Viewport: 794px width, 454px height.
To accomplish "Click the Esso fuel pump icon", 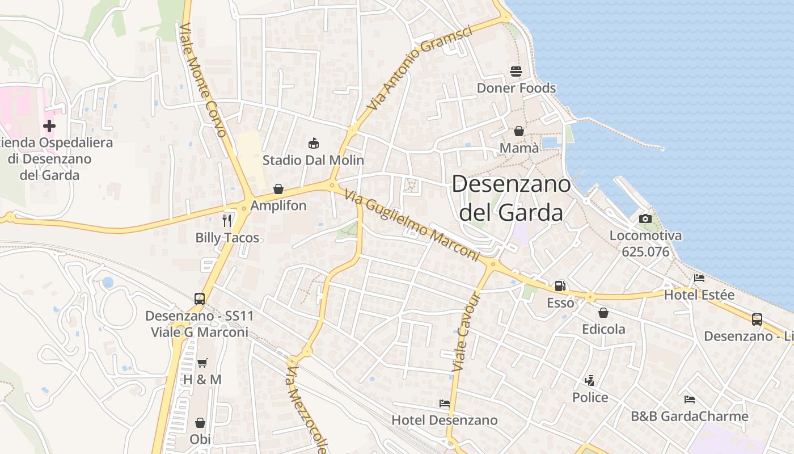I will (560, 287).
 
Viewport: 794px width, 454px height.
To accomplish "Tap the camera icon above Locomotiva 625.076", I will (645, 218).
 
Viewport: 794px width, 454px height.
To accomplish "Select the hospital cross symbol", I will (49, 125).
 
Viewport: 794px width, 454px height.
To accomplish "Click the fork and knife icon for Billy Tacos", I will (227, 220).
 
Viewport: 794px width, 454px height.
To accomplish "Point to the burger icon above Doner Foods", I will (516, 72).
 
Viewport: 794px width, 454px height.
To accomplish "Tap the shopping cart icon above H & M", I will (202, 363).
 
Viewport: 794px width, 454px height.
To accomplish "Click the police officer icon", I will (590, 381).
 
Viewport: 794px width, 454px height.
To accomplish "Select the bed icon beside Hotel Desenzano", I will (445, 403).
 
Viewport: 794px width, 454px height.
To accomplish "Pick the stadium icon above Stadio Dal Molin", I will (313, 143).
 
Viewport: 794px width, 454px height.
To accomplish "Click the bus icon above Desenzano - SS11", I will (199, 299).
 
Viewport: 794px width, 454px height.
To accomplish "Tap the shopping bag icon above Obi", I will (200, 423).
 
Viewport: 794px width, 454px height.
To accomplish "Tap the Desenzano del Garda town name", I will (511, 198).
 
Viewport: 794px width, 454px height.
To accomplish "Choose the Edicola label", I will (603, 329).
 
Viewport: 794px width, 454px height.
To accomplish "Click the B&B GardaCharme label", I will (689, 417).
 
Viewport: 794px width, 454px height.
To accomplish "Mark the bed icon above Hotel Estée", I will (699, 278).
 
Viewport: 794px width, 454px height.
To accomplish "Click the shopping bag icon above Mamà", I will (519, 132).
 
